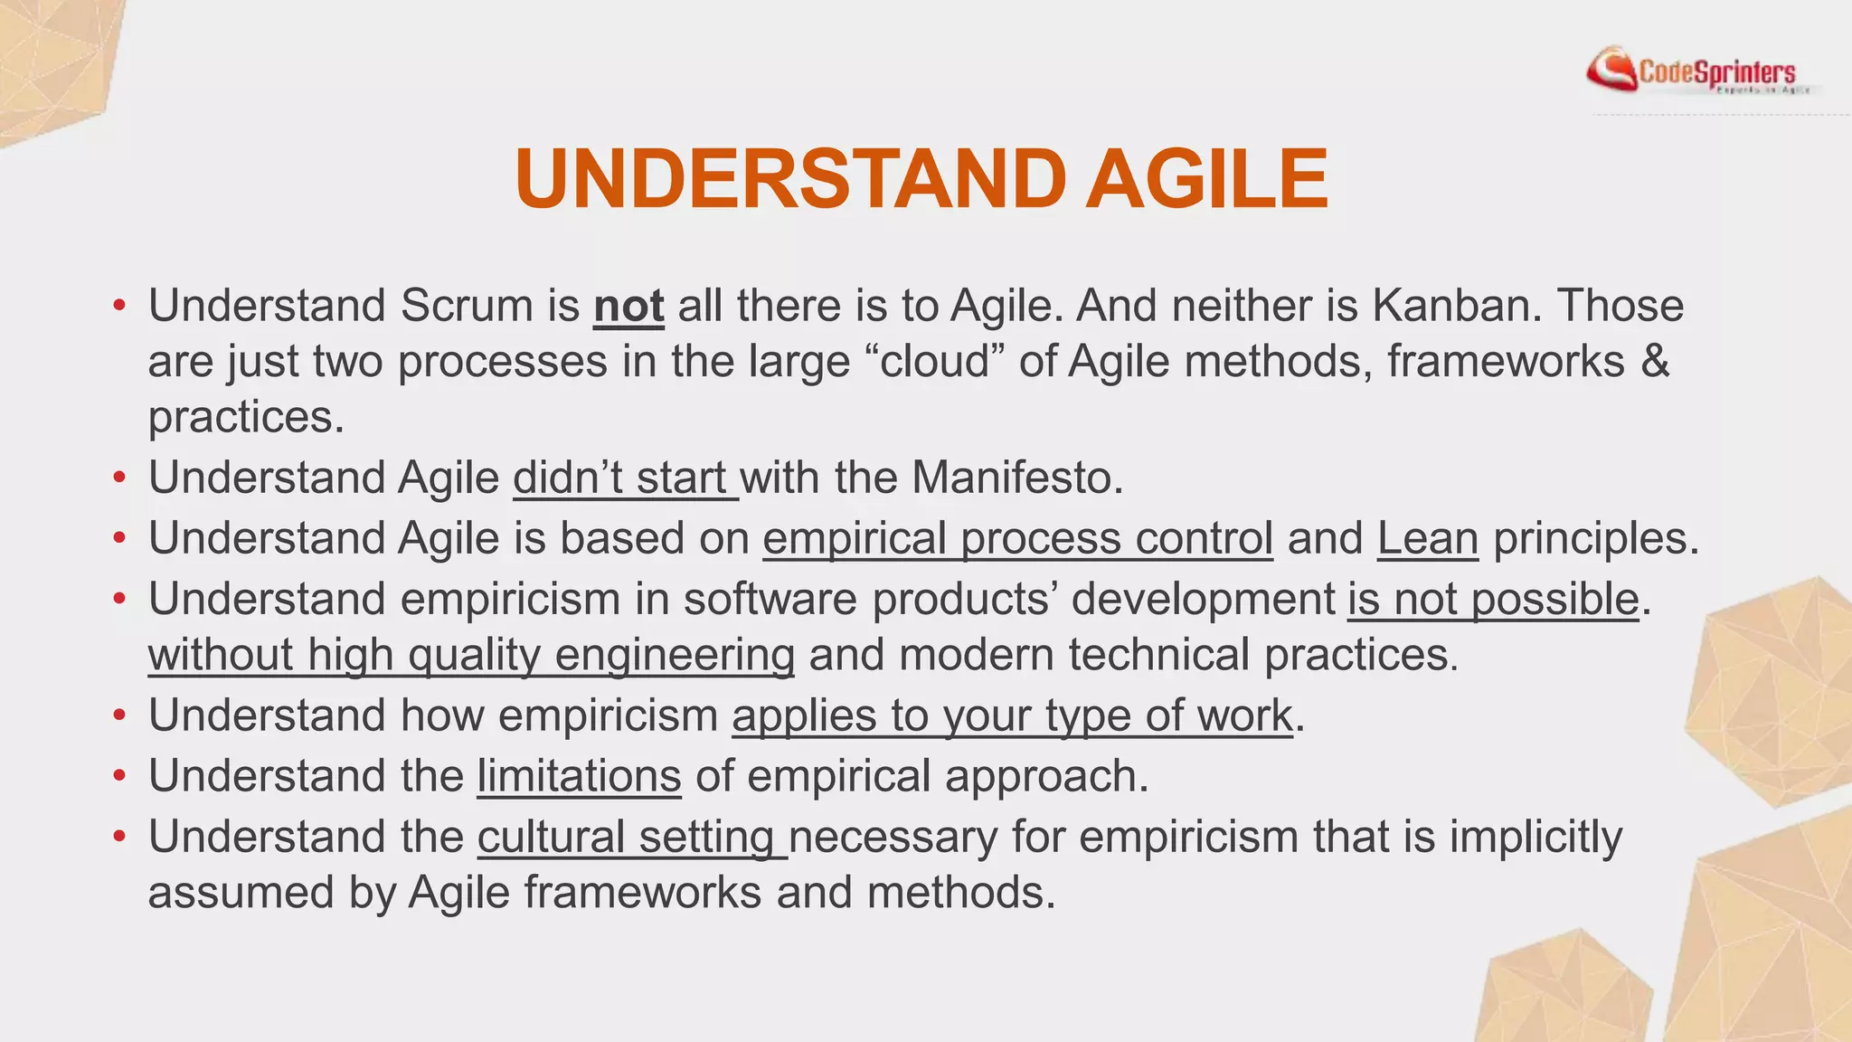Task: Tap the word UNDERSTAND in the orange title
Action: [x=790, y=179]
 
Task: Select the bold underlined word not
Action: [x=628, y=306]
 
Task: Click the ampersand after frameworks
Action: [x=1654, y=362]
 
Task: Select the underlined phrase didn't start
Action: [x=624, y=478]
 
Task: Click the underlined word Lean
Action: [x=1427, y=538]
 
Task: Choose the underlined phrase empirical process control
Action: [x=1017, y=538]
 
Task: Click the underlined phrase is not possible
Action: [x=1492, y=599]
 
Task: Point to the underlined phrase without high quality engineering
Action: [x=470, y=655]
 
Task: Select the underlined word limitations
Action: [x=579, y=776]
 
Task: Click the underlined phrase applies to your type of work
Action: [x=1012, y=715]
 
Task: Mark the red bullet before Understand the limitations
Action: [x=119, y=777]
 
